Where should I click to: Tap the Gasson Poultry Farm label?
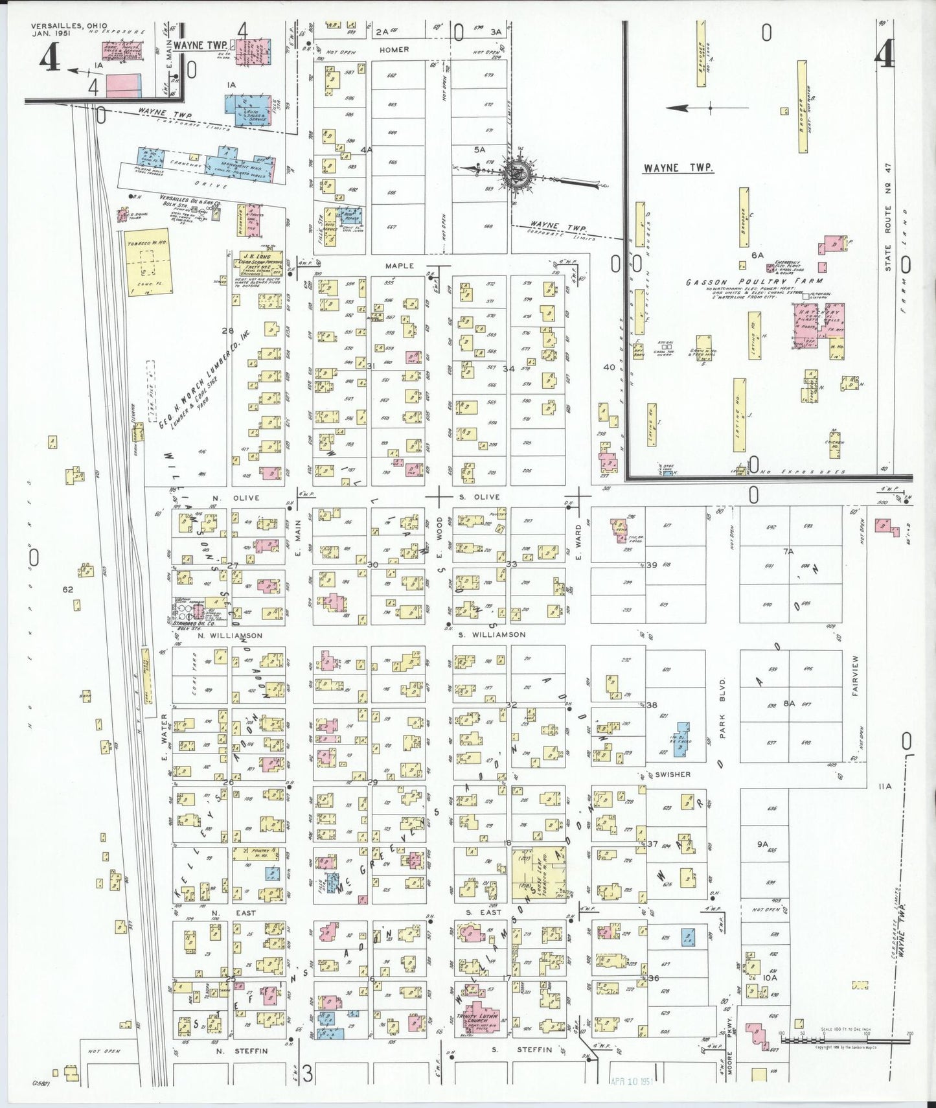pyautogui.click(x=755, y=282)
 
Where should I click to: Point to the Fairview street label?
pyautogui.click(x=855, y=675)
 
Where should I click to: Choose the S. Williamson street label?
pyautogui.click(x=492, y=634)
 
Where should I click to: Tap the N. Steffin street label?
pyautogui.click(x=242, y=1068)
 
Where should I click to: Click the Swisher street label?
pyautogui.click(x=672, y=774)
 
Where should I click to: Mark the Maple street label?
pyautogui.click(x=399, y=266)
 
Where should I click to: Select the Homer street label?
pyautogui.click(x=394, y=49)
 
